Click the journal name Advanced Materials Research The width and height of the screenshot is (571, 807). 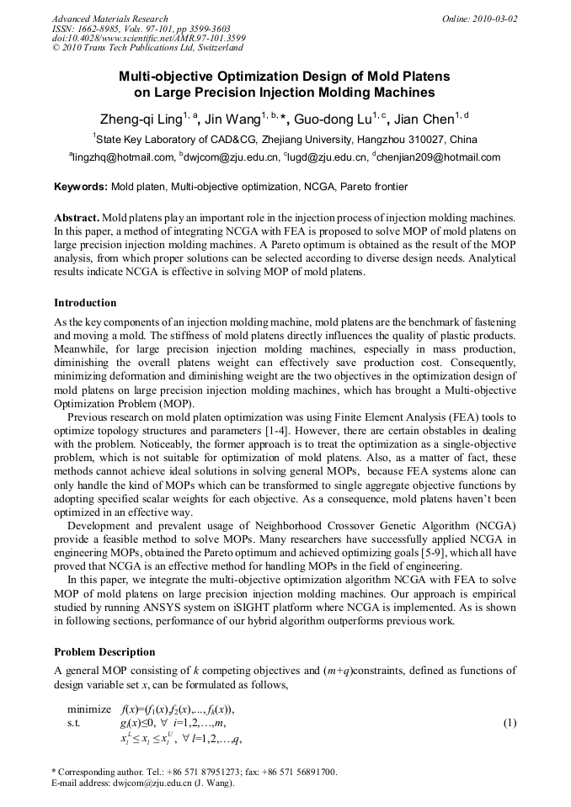click(x=109, y=19)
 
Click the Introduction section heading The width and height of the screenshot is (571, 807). click(x=85, y=303)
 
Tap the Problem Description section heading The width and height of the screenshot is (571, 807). click(x=104, y=652)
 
